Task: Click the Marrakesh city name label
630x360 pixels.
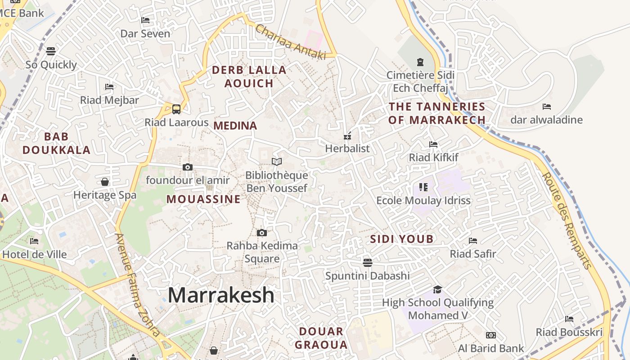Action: tap(221, 295)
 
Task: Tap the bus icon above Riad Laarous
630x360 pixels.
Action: tap(176, 109)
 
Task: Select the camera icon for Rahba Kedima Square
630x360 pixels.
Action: tap(262, 233)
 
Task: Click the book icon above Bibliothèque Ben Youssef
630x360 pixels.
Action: tap(277, 162)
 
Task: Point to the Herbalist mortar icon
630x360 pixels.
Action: tap(347, 135)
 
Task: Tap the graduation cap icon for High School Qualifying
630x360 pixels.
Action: tap(437, 289)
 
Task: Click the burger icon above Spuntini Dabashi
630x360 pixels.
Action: tap(368, 262)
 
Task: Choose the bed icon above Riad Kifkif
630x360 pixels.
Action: tap(433, 144)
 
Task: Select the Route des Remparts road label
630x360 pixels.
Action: tap(567, 220)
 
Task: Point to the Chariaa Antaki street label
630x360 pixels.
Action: tap(291, 42)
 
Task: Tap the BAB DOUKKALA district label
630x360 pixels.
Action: tap(57, 143)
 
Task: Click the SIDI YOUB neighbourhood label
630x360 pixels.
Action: tap(402, 239)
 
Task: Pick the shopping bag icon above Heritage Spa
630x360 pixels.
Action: tap(105, 182)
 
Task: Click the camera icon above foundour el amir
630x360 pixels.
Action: tap(188, 167)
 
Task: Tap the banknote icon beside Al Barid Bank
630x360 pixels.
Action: tap(491, 335)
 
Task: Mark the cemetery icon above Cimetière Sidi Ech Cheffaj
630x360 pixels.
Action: tap(420, 62)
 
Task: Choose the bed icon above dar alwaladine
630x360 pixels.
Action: tap(547, 107)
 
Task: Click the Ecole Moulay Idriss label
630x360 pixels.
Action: tap(423, 201)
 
